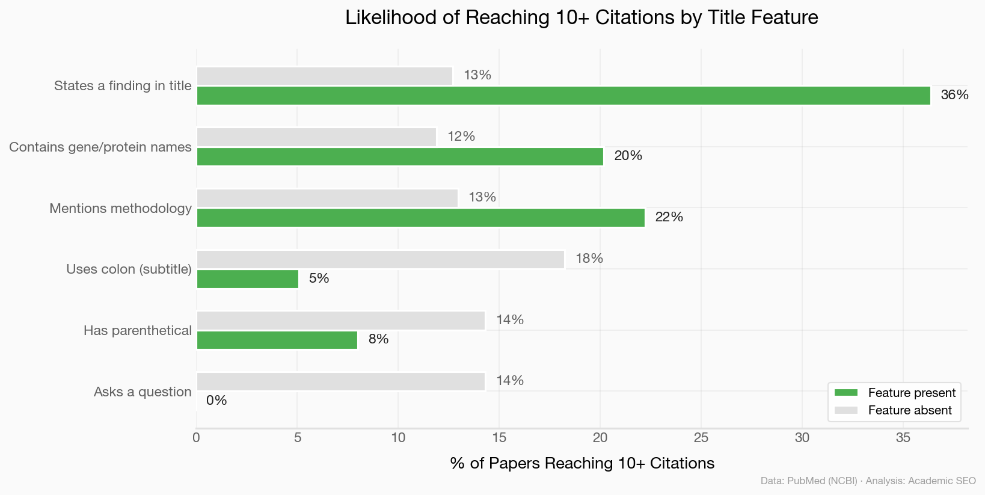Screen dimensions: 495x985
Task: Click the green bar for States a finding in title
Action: coord(563,96)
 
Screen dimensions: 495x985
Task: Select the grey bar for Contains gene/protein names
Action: coord(316,137)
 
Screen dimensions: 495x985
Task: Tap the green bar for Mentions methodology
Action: coord(420,218)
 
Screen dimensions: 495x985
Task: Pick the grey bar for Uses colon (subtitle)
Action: coord(380,260)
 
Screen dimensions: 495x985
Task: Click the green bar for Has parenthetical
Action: coord(277,340)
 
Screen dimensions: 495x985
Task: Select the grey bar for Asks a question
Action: coord(340,382)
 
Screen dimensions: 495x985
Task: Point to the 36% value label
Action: coord(954,95)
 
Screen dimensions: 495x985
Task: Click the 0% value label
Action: coord(216,401)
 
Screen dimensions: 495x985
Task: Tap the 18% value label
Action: coord(589,259)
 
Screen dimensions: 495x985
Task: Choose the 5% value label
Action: coord(319,278)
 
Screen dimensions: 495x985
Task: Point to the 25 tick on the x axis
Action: coord(701,438)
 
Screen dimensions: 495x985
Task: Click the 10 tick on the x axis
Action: coord(398,438)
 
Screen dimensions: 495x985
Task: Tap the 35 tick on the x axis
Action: coord(903,438)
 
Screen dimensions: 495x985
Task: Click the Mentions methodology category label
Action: coord(120,209)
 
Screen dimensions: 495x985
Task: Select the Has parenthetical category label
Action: coord(138,331)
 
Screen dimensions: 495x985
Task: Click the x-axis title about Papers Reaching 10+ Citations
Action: coord(582,463)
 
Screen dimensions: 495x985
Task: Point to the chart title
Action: coord(581,17)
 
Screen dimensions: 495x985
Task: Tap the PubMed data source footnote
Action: coord(868,481)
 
